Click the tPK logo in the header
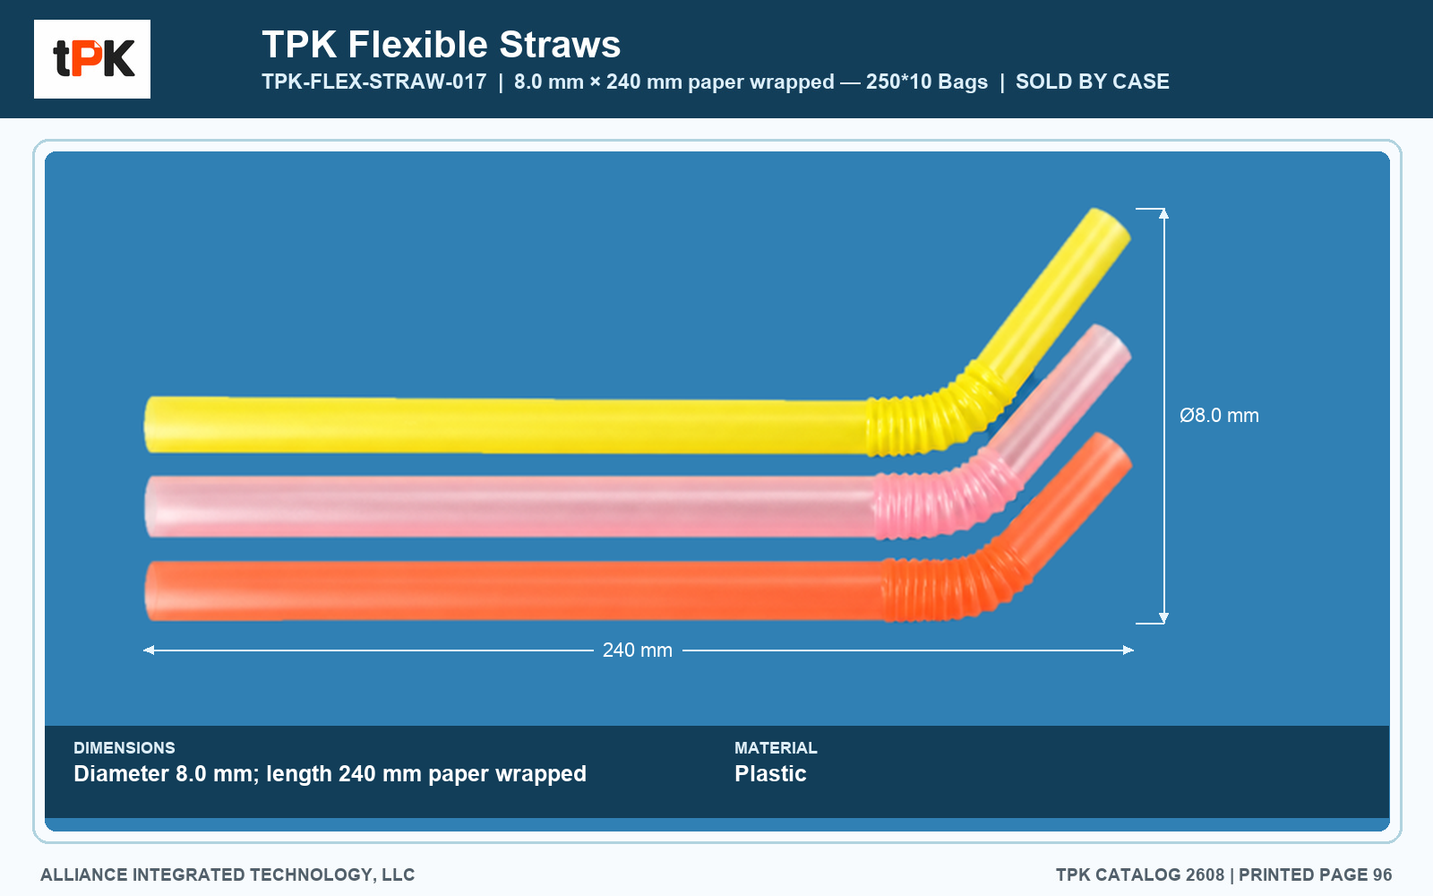[92, 59]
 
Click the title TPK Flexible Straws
[441, 45]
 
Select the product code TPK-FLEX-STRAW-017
[374, 82]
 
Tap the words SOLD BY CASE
[1092, 82]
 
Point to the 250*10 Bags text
[927, 82]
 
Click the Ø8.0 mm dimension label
[1219, 416]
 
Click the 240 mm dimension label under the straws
[637, 650]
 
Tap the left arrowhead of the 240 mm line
[149, 650]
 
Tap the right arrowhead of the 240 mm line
[1128, 650]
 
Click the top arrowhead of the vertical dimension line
[1163, 213]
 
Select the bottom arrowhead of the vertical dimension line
[1163, 618]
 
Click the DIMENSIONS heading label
[124, 747]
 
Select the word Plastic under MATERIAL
[770, 774]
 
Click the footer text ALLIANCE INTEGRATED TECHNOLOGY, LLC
[227, 874]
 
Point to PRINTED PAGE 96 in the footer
[1316, 874]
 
